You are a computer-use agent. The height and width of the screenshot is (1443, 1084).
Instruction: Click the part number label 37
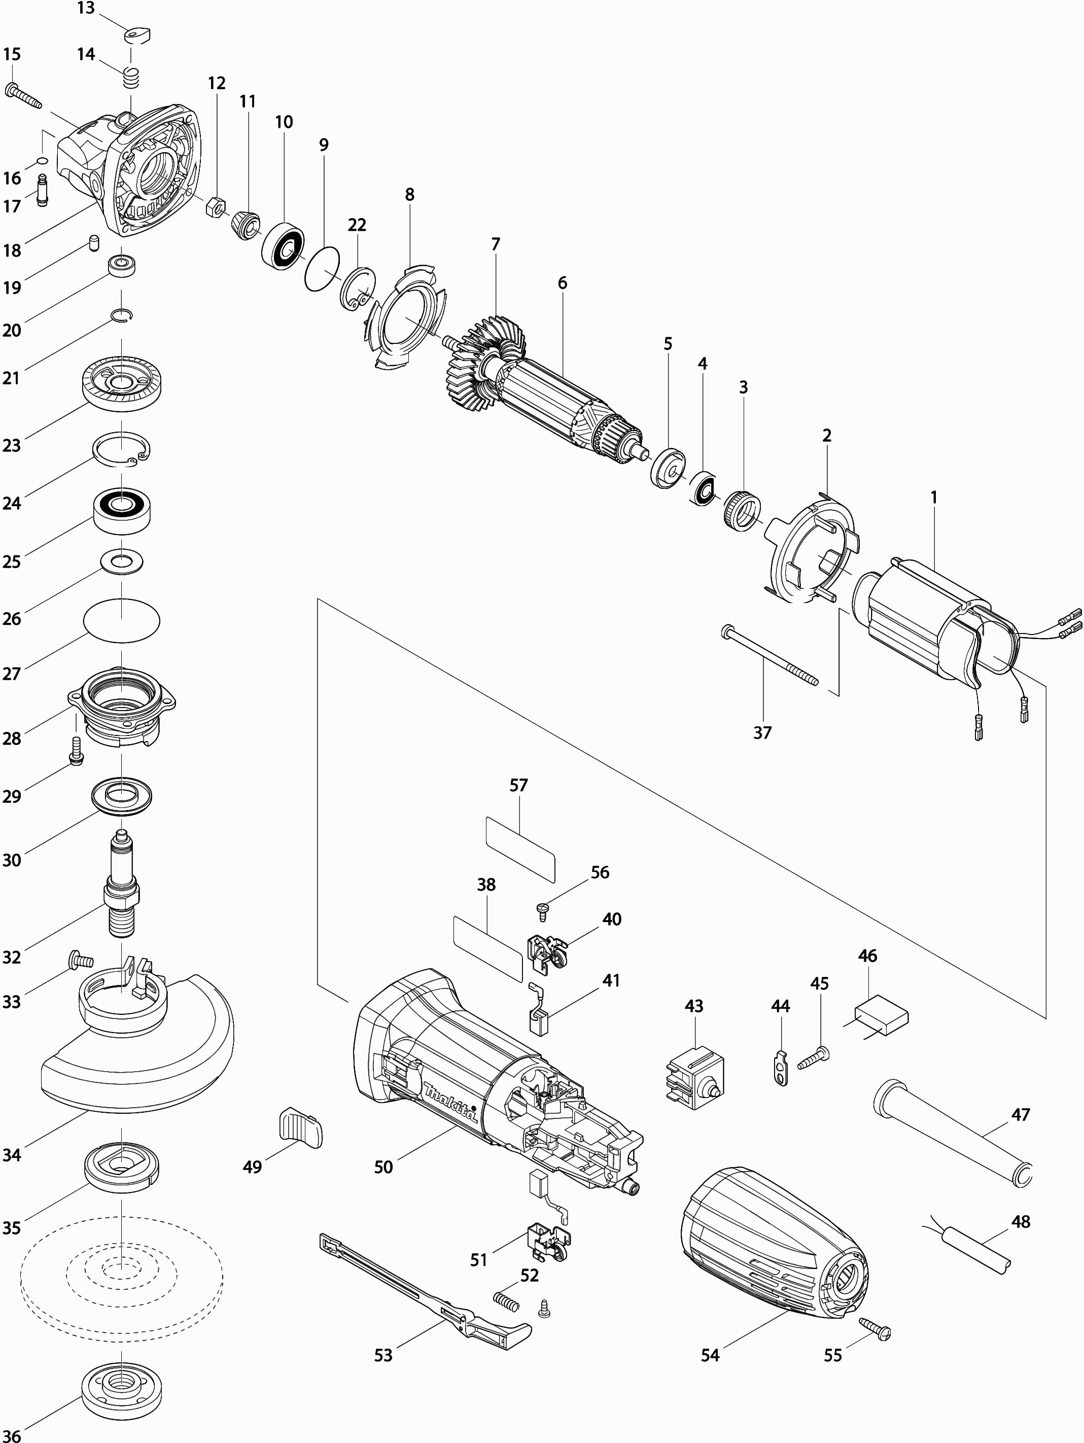pos(762,732)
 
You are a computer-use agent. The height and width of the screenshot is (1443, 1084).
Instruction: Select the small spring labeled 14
pos(132,80)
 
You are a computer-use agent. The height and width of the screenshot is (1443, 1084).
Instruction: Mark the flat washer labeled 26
pos(122,561)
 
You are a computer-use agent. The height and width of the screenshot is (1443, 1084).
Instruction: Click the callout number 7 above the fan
pos(496,244)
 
